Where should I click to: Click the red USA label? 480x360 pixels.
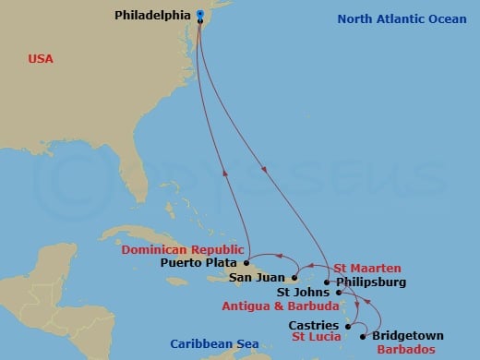click(41, 59)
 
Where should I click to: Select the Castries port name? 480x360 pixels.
click(313, 325)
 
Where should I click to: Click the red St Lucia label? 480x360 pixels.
click(316, 337)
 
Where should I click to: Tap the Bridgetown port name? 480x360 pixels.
click(408, 335)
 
